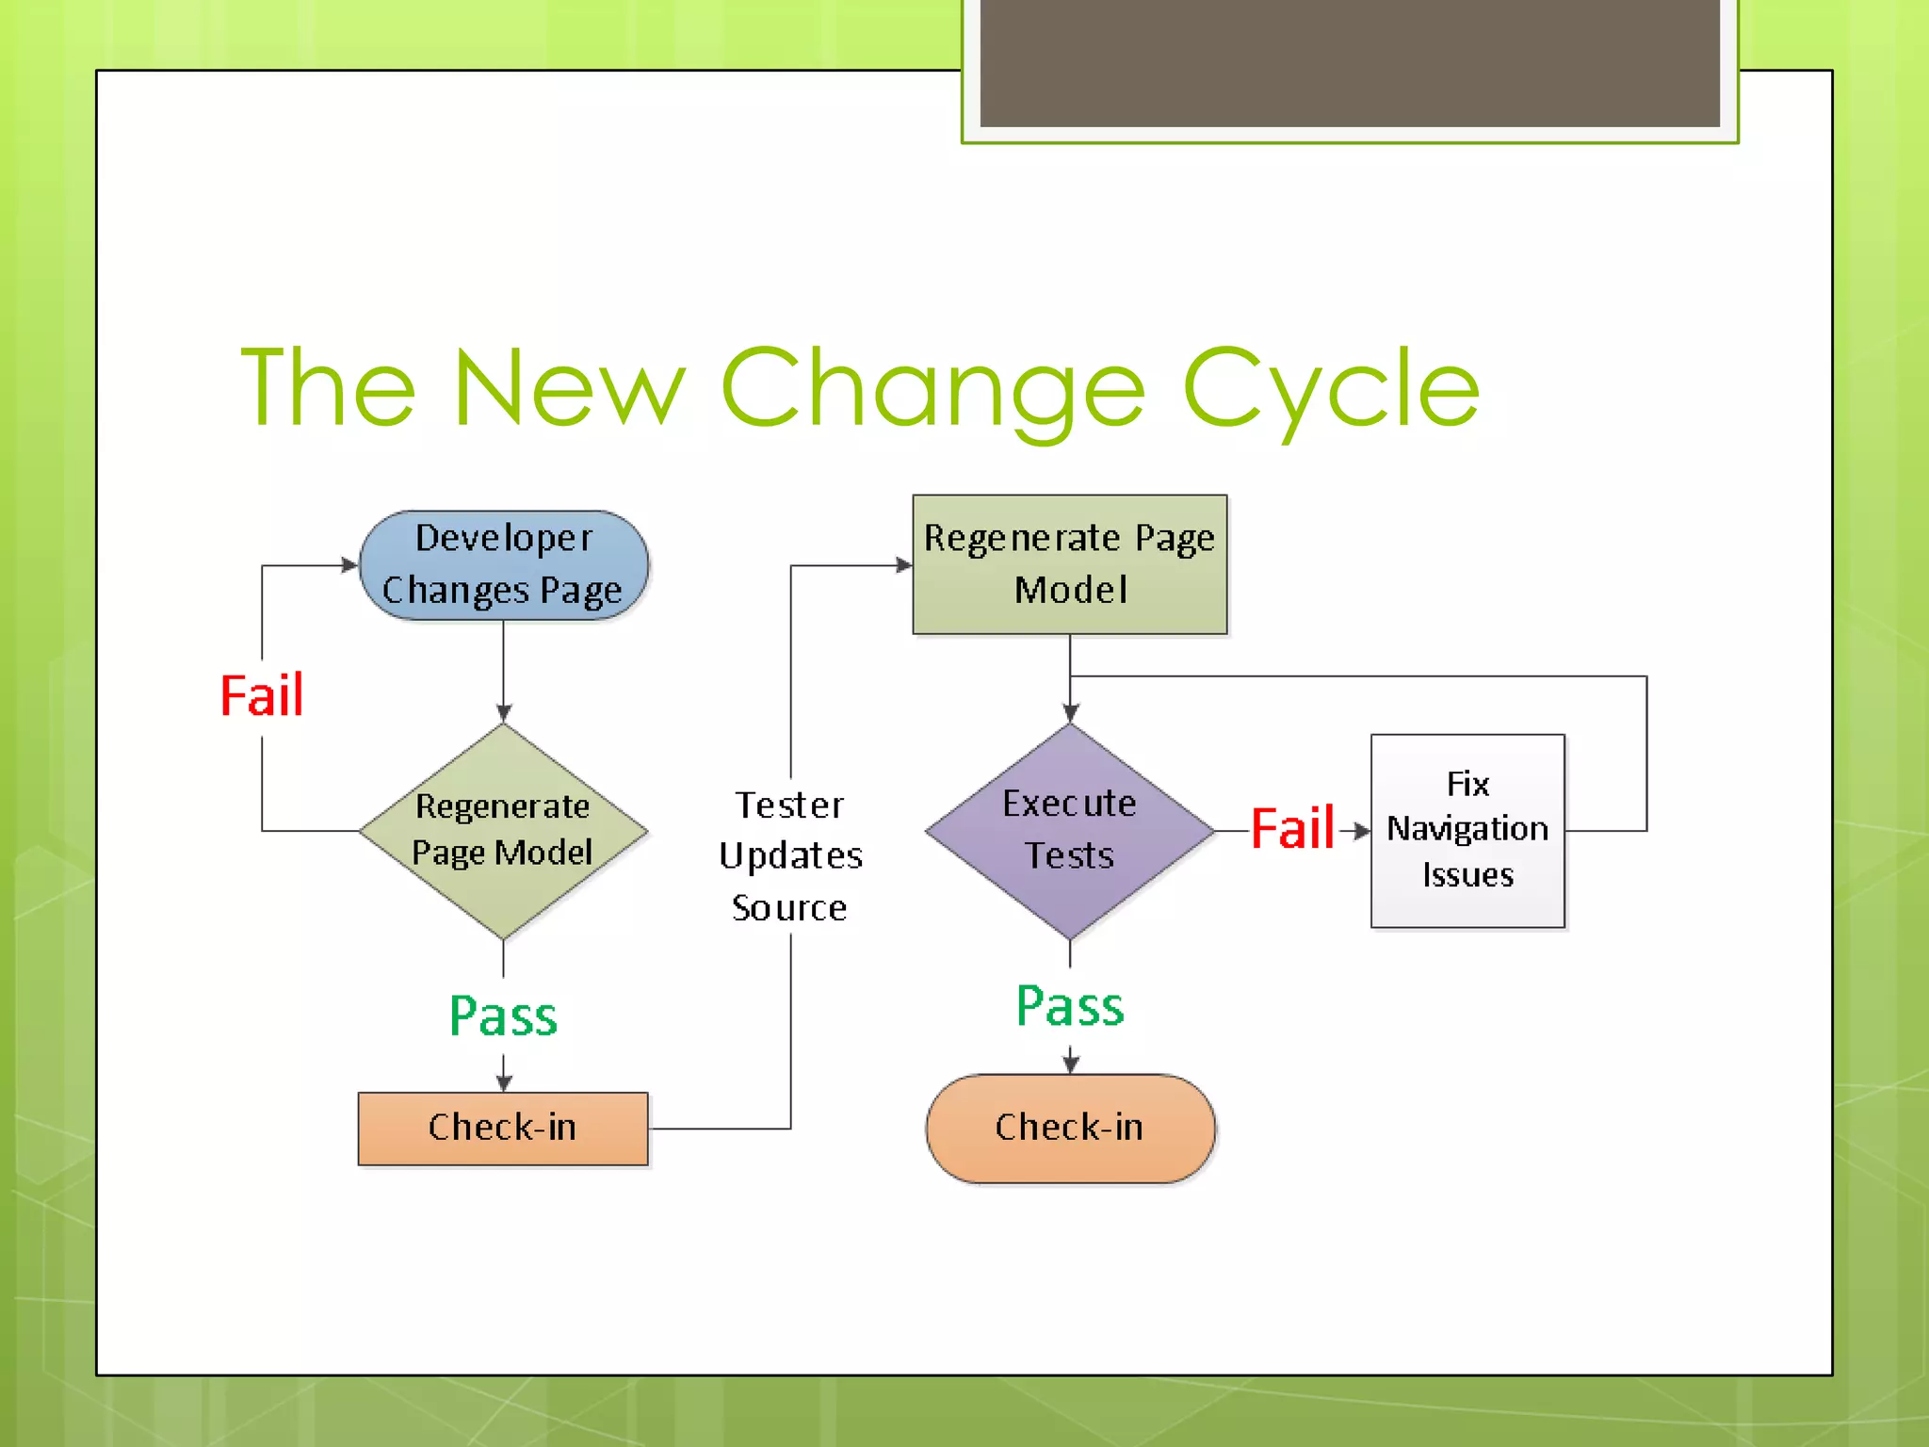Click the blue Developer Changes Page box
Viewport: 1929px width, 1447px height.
[504, 565]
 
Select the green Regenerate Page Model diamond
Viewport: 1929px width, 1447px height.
[504, 831]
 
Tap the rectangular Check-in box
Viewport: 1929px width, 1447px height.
[503, 1129]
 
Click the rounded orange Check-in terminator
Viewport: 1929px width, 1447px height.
[1070, 1129]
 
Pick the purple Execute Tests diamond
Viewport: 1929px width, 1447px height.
[1070, 831]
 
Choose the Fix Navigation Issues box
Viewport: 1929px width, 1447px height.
[1467, 831]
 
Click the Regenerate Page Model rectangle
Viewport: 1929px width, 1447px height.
[1070, 564]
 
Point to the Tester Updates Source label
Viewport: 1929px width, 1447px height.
[790, 856]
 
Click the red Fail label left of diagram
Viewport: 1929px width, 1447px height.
[262, 696]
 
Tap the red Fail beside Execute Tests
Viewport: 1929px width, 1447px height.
[1292, 829]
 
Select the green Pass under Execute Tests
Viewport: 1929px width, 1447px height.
[1070, 1006]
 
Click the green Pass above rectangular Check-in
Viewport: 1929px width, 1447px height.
[504, 1016]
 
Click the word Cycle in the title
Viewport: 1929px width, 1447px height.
[1330, 388]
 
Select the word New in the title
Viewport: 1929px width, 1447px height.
[569, 388]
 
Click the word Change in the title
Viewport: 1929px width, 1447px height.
[932, 388]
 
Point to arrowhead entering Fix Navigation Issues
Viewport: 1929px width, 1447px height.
[1362, 831]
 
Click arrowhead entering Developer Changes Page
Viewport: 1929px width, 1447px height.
[349, 565]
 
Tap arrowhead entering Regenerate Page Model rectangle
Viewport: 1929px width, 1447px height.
[903, 565]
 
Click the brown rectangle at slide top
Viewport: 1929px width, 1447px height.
[1349, 62]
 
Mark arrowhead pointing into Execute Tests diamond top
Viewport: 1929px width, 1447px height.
[1070, 714]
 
